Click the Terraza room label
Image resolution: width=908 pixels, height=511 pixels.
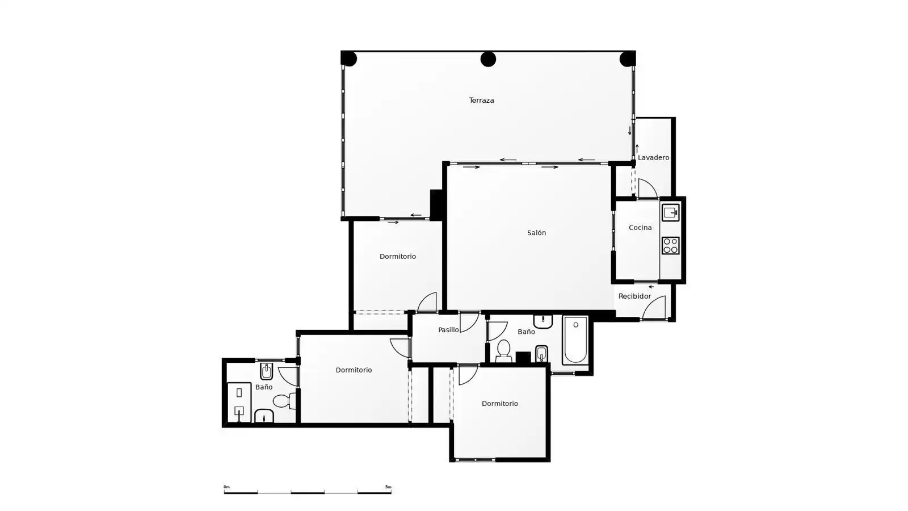point(482,100)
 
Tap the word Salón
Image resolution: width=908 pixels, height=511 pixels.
point(536,232)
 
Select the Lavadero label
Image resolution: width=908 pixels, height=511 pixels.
point(653,157)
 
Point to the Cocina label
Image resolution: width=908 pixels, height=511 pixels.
point(640,228)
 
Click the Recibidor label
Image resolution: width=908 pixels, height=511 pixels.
point(635,296)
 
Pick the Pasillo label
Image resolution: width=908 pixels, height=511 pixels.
point(448,330)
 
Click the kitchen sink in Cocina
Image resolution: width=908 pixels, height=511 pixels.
point(670,212)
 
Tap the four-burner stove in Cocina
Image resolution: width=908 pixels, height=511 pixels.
point(670,245)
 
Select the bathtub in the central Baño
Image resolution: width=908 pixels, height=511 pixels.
point(575,340)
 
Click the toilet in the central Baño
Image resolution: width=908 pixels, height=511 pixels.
point(503,351)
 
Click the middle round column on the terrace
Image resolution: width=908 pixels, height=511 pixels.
point(488,59)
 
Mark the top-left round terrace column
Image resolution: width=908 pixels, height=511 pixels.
point(348,59)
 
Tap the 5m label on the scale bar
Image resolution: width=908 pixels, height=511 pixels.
point(388,487)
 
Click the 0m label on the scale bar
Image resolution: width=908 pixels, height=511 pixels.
point(226,487)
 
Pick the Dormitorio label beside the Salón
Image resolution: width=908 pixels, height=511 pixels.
point(398,256)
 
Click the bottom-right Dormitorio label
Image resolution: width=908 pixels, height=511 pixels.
point(500,404)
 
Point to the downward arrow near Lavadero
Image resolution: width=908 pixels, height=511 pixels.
point(629,131)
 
